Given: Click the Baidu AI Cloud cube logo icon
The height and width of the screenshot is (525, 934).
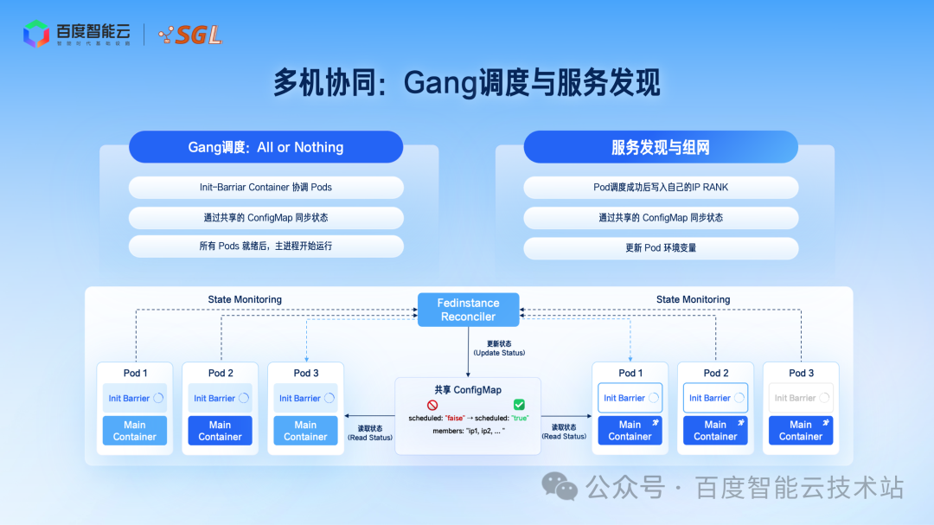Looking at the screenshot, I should click(x=35, y=34).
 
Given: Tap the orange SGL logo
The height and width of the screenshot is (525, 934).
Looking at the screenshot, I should click(x=191, y=35).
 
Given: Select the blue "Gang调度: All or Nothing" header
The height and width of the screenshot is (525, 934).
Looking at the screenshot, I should click(x=265, y=147).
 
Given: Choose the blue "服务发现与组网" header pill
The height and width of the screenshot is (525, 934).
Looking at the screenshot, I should click(x=661, y=147).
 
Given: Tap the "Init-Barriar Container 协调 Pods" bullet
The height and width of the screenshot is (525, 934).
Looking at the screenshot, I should click(x=265, y=187).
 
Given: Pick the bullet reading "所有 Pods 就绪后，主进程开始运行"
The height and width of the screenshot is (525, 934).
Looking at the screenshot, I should click(x=265, y=246).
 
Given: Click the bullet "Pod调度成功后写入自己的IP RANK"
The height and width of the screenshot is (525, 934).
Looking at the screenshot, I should click(x=661, y=187).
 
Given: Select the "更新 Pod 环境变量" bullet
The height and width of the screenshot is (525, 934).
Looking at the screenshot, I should click(x=661, y=247).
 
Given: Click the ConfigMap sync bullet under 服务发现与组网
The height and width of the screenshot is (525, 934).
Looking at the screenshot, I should click(x=661, y=217).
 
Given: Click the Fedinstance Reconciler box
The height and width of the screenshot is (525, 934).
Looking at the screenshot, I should click(x=469, y=310).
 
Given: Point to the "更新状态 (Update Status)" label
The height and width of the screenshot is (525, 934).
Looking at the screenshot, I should click(x=499, y=348).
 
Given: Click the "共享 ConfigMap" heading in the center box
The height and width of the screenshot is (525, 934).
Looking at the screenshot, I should click(x=468, y=390).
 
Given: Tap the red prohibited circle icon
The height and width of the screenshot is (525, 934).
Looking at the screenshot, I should click(x=432, y=404).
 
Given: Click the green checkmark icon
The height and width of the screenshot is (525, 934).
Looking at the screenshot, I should click(x=519, y=404).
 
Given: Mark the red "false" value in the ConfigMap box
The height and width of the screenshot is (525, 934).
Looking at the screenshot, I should click(x=455, y=418).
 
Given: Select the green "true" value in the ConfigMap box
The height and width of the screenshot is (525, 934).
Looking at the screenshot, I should click(x=520, y=418).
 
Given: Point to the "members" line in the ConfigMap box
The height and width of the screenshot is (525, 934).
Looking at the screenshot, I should click(x=468, y=430).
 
